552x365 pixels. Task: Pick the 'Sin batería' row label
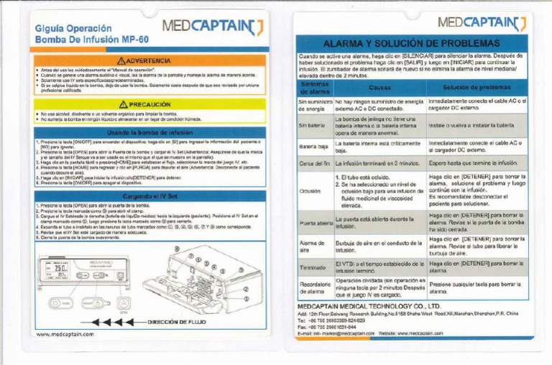[x=312, y=124]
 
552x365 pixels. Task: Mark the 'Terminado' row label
[x=313, y=269]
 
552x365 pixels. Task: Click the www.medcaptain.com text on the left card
[x=65, y=335]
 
